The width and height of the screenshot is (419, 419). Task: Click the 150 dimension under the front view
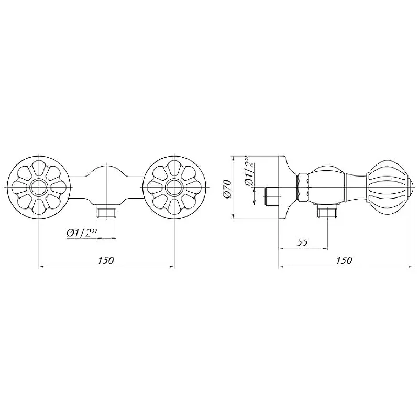click(106, 260)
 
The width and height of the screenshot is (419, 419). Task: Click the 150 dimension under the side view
click(344, 260)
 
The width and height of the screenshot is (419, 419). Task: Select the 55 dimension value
click(302, 242)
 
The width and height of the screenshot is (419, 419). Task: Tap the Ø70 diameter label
click(227, 189)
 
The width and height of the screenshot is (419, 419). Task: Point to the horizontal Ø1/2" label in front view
click(82, 233)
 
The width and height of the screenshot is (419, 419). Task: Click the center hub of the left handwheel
click(39, 187)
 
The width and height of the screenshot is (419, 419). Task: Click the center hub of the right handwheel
click(174, 187)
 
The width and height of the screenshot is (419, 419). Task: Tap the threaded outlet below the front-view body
click(107, 212)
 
